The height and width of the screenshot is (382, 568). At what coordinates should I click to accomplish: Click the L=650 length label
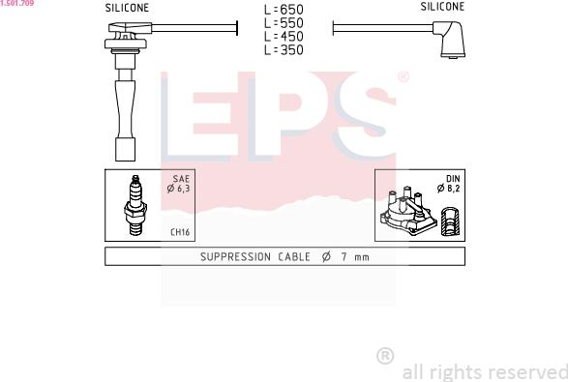click(x=284, y=10)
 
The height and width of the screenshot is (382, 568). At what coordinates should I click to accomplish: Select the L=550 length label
click(x=284, y=23)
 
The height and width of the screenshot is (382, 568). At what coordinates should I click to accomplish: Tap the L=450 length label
click(x=284, y=36)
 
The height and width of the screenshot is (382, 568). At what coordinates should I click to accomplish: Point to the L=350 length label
click(x=284, y=49)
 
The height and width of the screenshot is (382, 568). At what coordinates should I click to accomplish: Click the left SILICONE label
click(x=127, y=8)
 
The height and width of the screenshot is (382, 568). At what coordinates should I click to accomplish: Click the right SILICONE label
click(x=442, y=7)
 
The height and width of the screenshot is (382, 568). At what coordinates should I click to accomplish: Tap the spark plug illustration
click(x=135, y=205)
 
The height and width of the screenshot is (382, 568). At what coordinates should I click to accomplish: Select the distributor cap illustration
click(x=408, y=212)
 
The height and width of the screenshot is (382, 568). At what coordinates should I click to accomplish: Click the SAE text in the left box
click(x=181, y=179)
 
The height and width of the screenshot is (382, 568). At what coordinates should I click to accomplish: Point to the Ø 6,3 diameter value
click(x=178, y=189)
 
